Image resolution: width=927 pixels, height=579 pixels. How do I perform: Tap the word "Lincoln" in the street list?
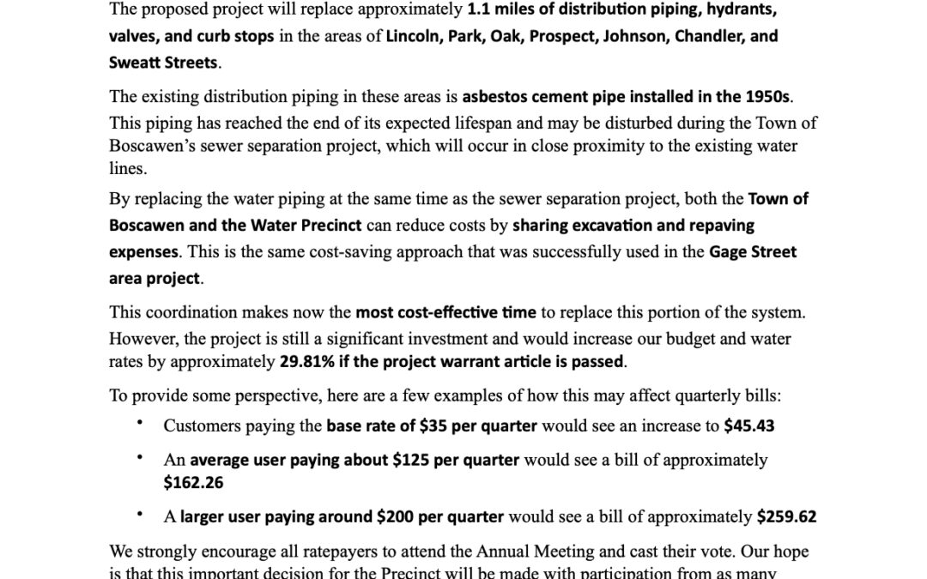point(413,37)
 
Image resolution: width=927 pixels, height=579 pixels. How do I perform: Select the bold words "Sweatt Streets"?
point(163,63)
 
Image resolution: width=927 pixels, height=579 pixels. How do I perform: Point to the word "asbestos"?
point(497,97)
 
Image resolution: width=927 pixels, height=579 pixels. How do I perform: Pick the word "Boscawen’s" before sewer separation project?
point(151,146)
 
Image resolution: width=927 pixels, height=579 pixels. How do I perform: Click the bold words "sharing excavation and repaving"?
point(633,226)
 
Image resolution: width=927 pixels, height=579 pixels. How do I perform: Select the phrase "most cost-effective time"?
point(445,313)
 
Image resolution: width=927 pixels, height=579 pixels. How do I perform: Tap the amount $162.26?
point(193,483)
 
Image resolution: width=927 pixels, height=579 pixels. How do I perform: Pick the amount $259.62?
point(786,517)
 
